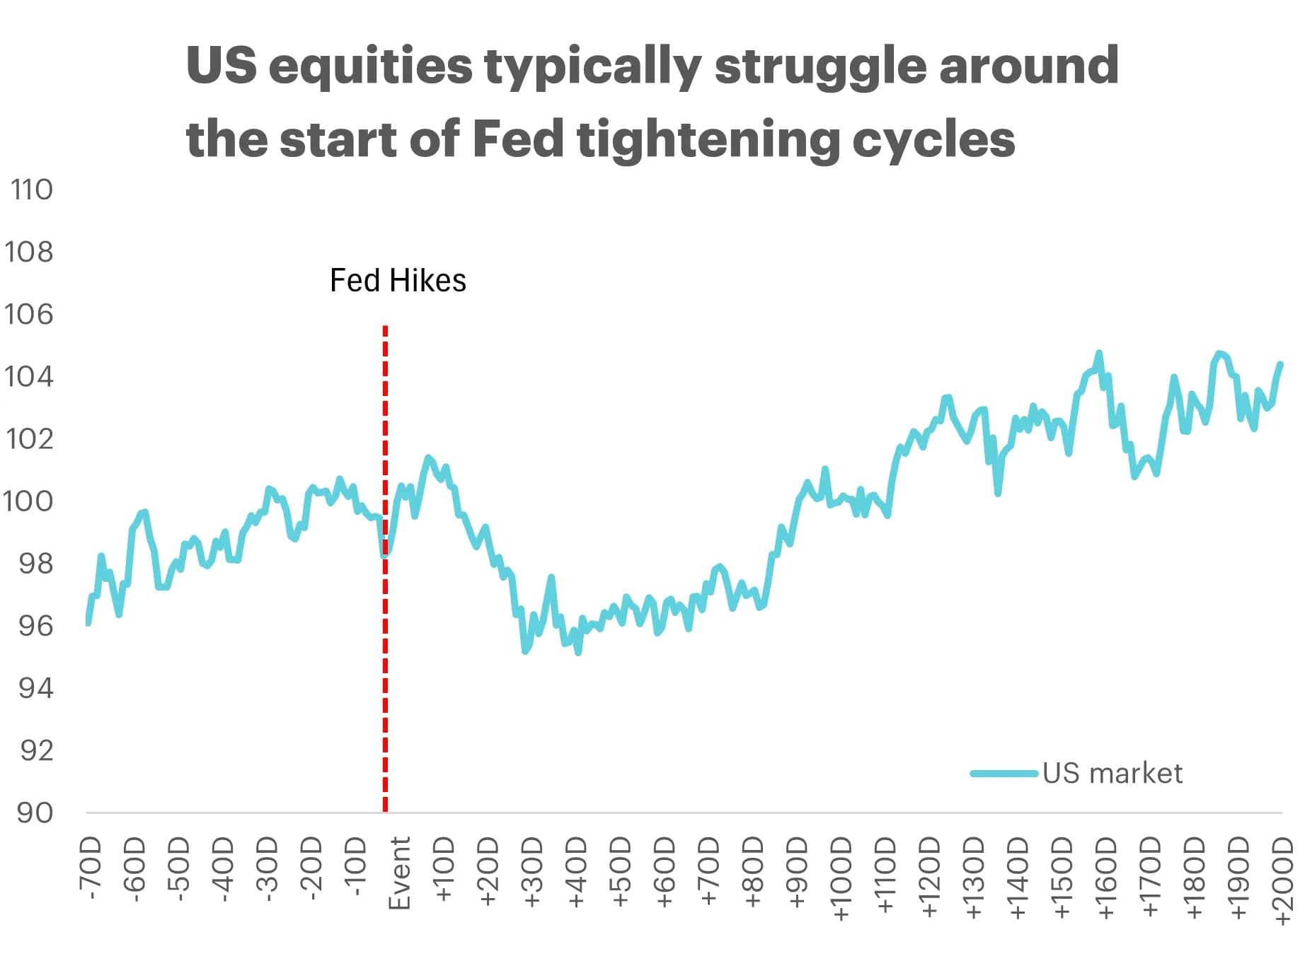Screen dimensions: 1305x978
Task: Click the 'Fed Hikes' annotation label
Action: [x=398, y=281]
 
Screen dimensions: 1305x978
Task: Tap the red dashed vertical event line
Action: [x=385, y=569]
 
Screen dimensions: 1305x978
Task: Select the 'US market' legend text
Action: [x=1112, y=773]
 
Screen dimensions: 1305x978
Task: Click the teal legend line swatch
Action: [x=1004, y=773]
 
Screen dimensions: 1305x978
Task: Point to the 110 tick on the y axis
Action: [x=32, y=190]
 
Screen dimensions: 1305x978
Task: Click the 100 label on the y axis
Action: [x=28, y=501]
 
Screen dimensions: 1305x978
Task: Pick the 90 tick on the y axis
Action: [x=35, y=813]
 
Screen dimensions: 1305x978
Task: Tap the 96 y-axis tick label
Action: [x=35, y=626]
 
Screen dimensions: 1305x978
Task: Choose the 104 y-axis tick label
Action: [x=29, y=376]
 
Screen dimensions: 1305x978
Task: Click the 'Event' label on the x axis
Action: [x=400, y=873]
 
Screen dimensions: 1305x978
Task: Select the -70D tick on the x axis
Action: [x=91, y=869]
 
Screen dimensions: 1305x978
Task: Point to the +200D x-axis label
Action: [x=1282, y=880]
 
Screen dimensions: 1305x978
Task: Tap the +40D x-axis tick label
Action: [x=577, y=873]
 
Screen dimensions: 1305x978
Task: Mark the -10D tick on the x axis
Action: [x=355, y=867]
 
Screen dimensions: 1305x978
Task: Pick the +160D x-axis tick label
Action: [x=1106, y=879]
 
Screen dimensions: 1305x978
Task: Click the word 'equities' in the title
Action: [x=371, y=65]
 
